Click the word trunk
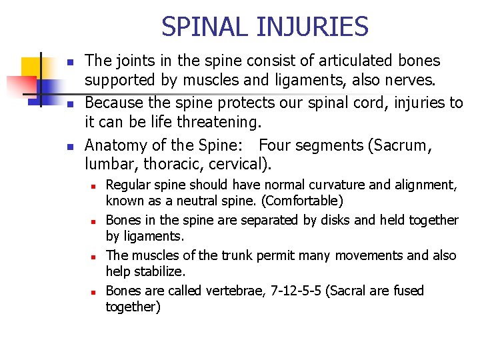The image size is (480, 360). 213,255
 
